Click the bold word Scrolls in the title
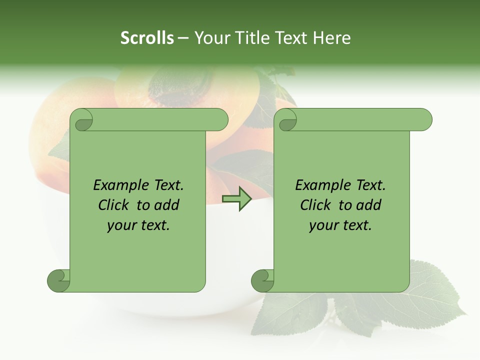(147, 38)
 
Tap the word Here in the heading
(332, 38)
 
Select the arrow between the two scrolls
(236, 199)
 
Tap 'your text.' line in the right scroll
(340, 225)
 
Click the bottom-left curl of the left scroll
(59, 280)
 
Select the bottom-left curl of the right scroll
(263, 280)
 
